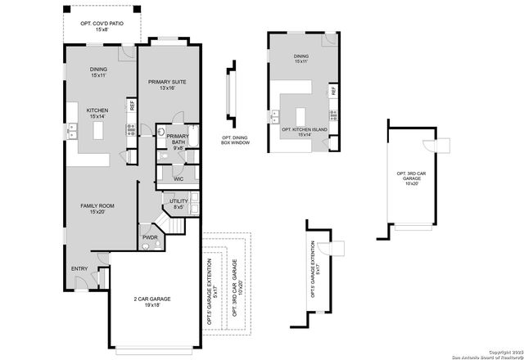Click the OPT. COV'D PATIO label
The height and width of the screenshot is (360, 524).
(102, 25)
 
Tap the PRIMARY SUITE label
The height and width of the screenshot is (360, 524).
(168, 82)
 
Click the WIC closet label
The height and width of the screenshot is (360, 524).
(178, 178)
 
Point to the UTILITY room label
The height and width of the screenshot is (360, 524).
(178, 201)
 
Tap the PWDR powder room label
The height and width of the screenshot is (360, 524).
(150, 238)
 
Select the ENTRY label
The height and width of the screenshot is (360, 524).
(79, 268)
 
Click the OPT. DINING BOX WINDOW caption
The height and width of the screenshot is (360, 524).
(235, 141)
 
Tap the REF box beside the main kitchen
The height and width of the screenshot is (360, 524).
(131, 105)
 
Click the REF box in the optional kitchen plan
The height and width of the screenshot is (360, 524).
(332, 92)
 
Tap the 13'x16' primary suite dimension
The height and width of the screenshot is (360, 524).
(168, 88)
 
